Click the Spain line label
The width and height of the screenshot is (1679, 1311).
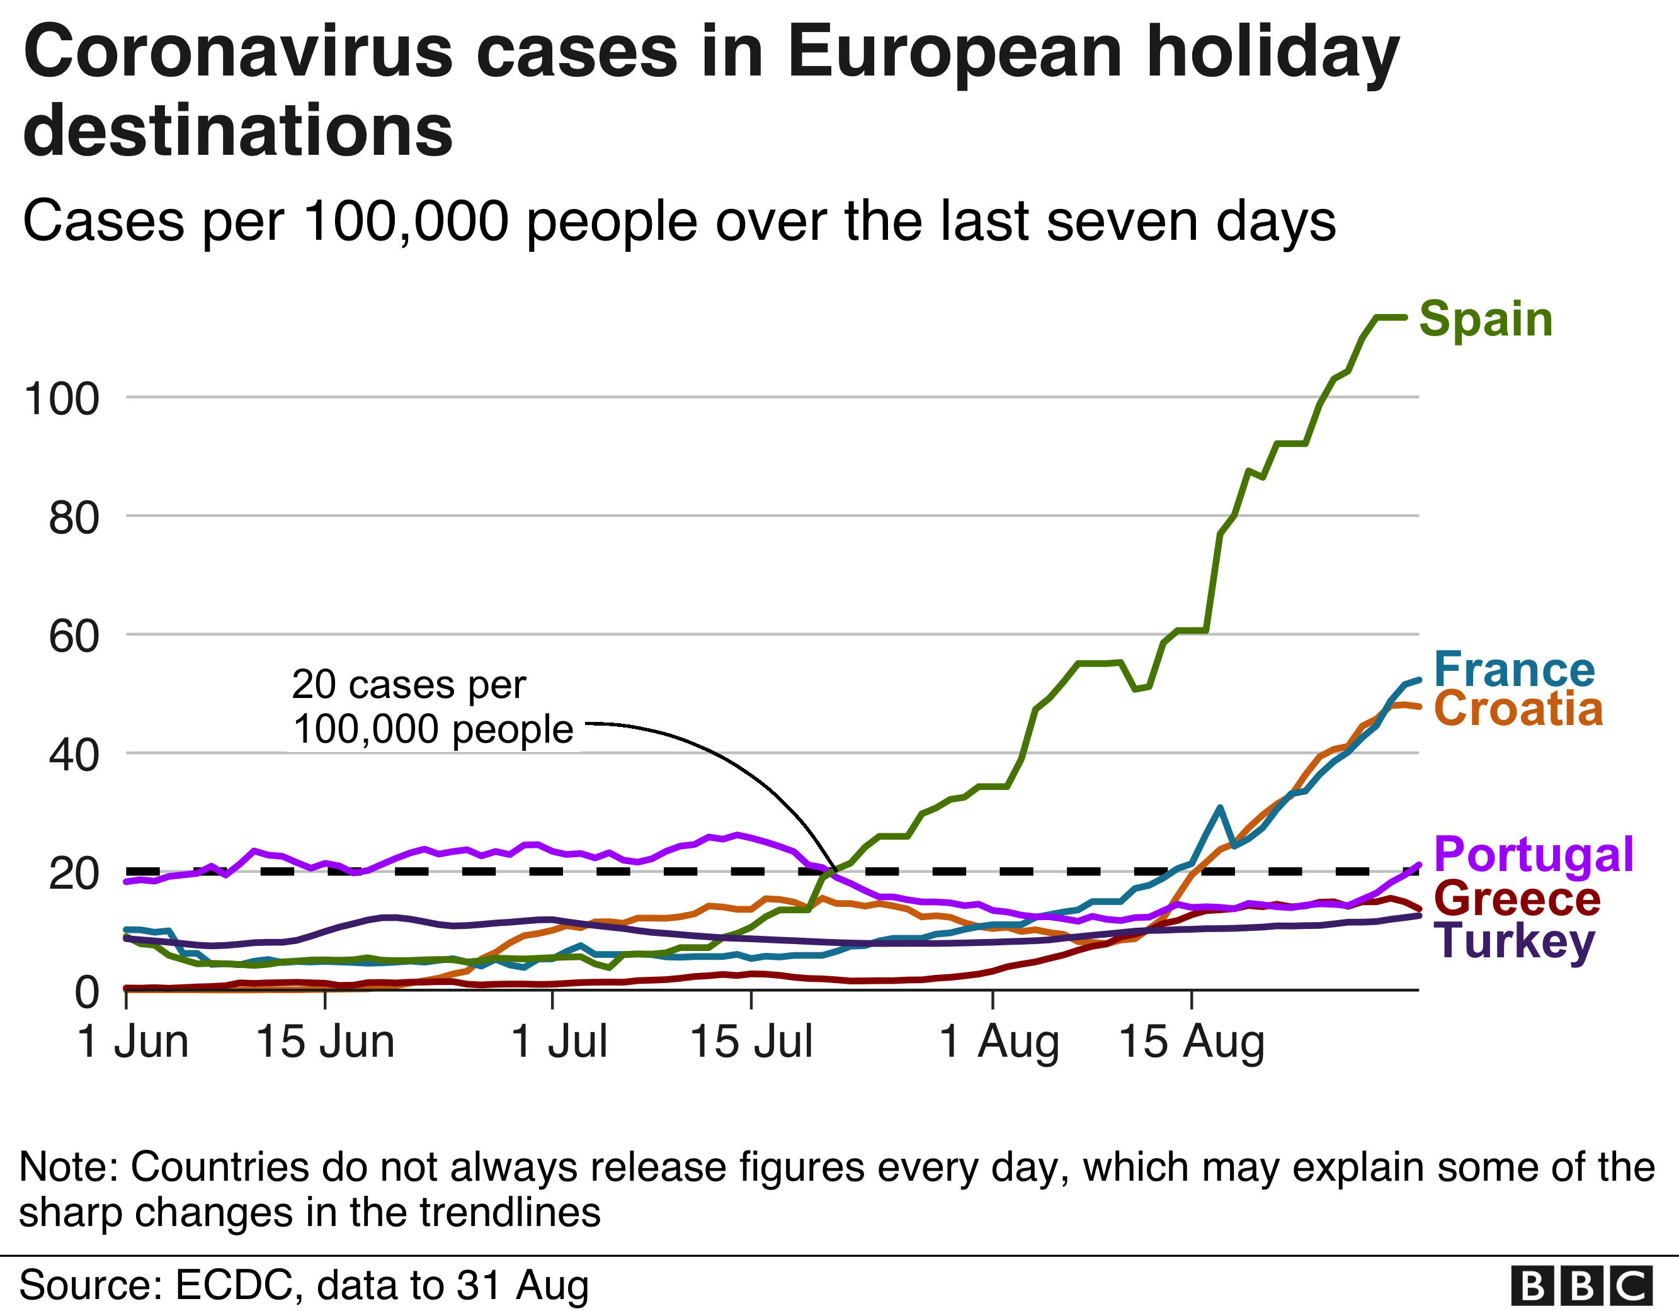tap(1485, 319)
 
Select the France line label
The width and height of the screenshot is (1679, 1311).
tap(1514, 670)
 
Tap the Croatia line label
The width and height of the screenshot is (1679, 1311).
tap(1518, 709)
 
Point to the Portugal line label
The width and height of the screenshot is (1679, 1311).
tap(1534, 855)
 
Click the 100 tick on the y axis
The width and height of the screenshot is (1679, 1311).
tap(62, 399)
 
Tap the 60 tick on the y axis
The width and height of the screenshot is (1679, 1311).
tap(74, 636)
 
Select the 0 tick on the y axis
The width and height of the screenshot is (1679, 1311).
tap(87, 992)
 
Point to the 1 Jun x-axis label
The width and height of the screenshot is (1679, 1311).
tap(133, 1042)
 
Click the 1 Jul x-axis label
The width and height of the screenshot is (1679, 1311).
tap(559, 1042)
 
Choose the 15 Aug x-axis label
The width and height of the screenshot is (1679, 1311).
tap(1191, 1042)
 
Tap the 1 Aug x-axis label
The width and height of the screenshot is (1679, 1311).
tap(999, 1042)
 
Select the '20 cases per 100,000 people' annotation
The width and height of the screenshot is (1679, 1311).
tap(432, 707)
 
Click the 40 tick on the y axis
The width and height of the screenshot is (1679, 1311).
tap(74, 755)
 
